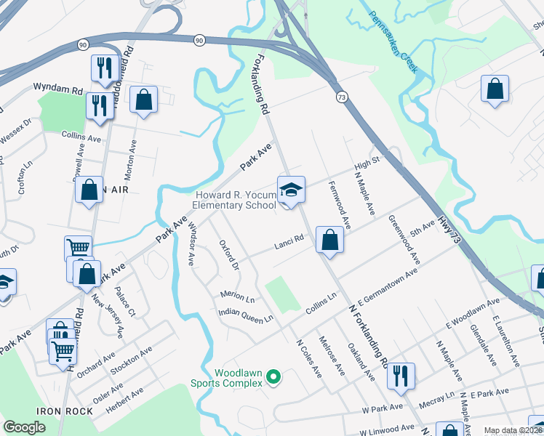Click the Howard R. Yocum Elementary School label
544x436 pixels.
coord(234,200)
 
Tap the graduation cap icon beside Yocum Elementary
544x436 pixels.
coord(291,190)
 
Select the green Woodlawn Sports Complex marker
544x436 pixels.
coord(273,376)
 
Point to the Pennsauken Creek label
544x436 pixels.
coord(392,42)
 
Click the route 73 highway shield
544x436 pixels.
coord(340,96)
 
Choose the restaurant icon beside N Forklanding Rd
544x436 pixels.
coord(400,375)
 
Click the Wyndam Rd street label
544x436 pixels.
coord(57,89)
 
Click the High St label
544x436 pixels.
coord(367,165)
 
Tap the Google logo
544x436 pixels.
coord(24,427)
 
